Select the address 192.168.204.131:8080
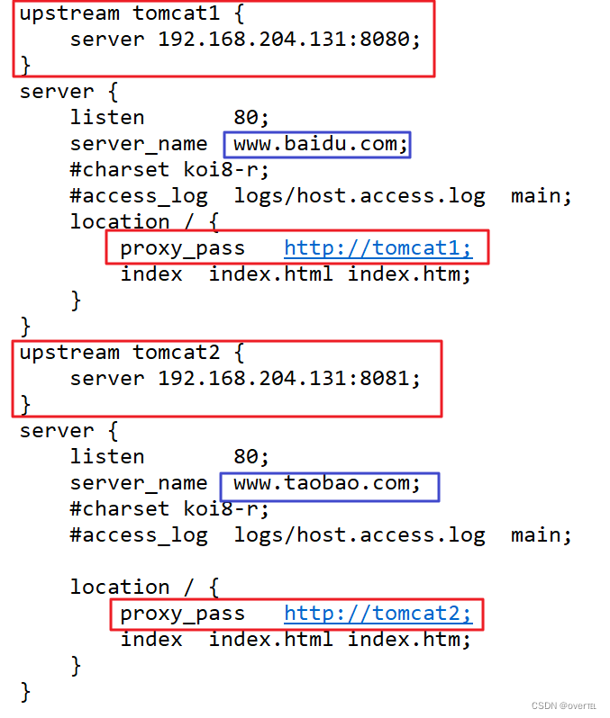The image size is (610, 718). [x=289, y=40]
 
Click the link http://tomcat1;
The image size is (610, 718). [x=378, y=248]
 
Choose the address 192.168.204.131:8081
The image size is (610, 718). [x=289, y=378]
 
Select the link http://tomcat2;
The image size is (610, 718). [x=378, y=614]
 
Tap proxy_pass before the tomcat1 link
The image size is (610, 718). [x=182, y=248]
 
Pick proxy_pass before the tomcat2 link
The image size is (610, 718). [x=182, y=614]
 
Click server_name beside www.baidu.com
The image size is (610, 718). [x=139, y=144]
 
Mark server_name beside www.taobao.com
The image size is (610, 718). [x=139, y=483]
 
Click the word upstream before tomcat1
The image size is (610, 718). [x=69, y=14]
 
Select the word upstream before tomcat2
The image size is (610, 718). [x=69, y=353]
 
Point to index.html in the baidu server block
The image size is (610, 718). [x=270, y=274]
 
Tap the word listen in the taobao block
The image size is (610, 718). [x=107, y=457]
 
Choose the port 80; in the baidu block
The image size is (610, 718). [x=251, y=118]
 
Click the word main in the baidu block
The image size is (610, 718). [x=542, y=196]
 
